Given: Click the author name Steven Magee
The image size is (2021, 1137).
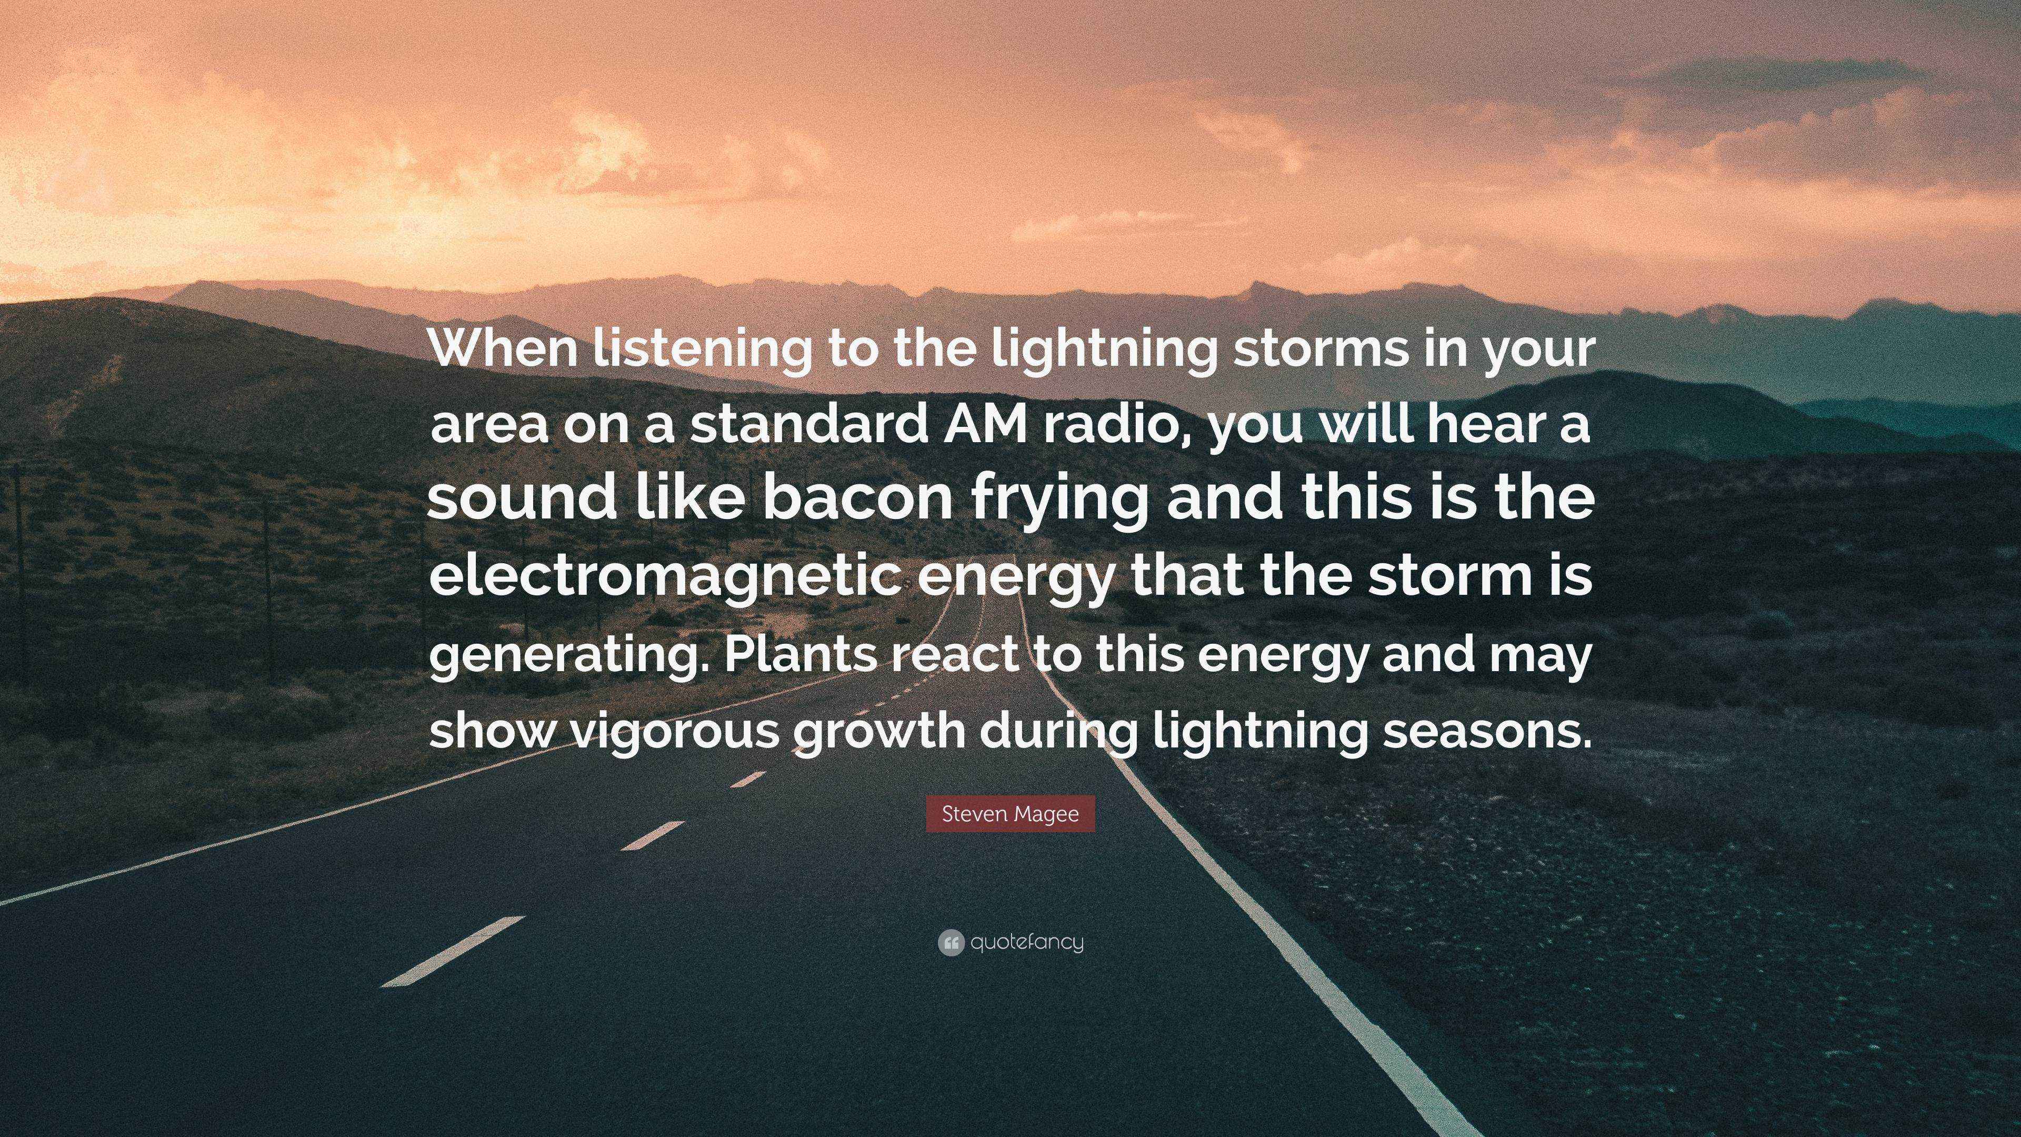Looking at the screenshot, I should [x=1010, y=814].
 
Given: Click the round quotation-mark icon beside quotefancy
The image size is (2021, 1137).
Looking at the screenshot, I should [x=950, y=942].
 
